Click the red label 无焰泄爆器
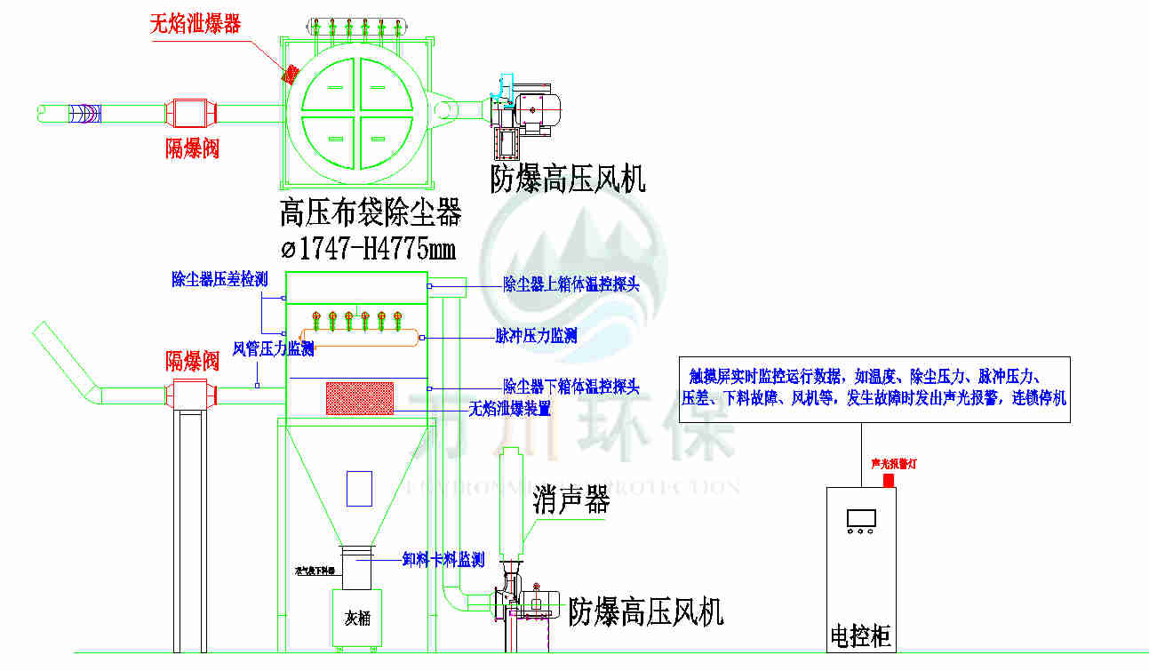[195, 23]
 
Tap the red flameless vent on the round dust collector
[290, 75]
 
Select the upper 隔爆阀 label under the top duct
[192, 147]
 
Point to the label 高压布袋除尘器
[370, 213]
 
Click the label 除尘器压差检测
[219, 279]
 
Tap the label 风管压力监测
[274, 348]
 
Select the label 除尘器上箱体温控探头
[571, 284]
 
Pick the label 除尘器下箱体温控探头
[571, 387]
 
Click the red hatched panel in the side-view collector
[360, 398]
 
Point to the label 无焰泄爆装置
[510, 409]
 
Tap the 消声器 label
[571, 501]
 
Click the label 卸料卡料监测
[443, 559]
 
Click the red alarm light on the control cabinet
[888, 480]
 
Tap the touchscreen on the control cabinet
[861, 517]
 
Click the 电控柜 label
[860, 636]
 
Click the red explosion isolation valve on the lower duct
[190, 394]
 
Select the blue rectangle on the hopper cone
[359, 488]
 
